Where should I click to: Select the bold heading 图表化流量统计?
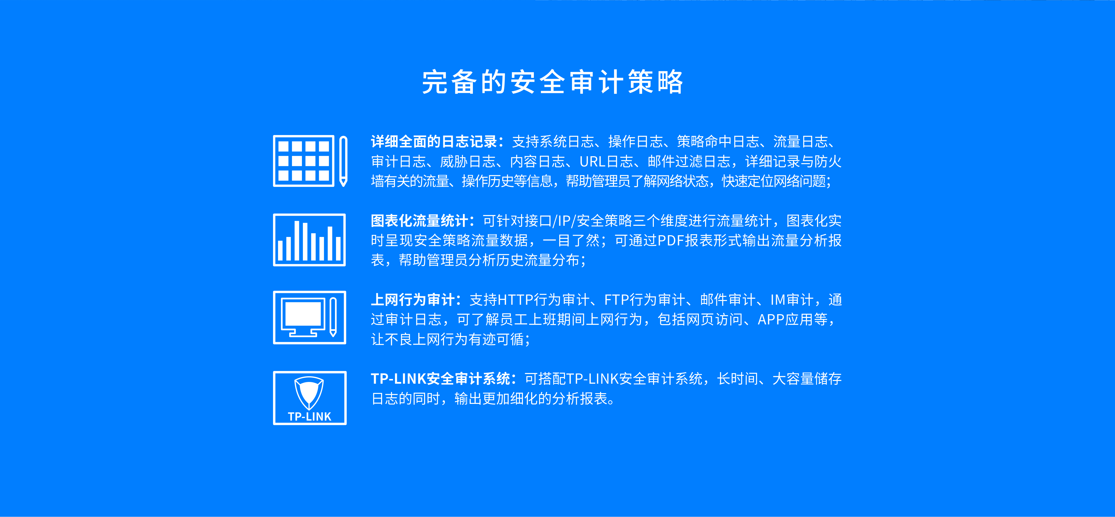[419, 221]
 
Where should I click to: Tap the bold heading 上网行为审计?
[412, 300]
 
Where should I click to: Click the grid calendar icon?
[304, 161]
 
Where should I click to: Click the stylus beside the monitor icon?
[333, 317]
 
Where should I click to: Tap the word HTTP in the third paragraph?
[515, 300]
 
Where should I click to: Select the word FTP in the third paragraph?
[616, 300]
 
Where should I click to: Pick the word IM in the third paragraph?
[778, 300]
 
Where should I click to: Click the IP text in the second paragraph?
[564, 221]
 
